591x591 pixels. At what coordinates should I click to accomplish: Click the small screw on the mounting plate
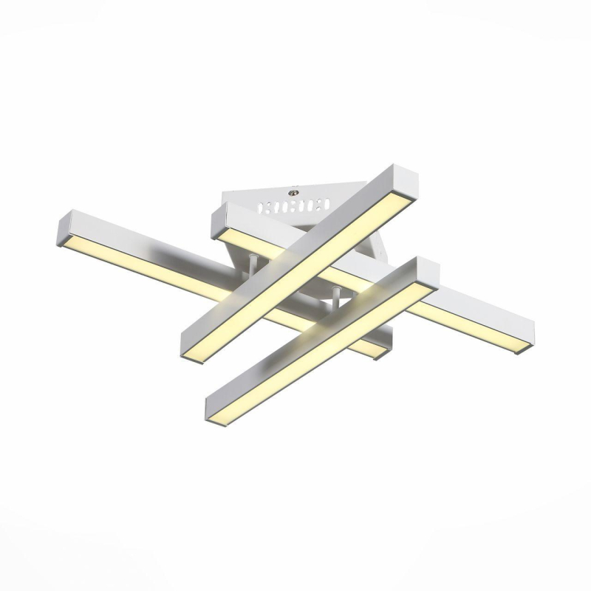[295, 188]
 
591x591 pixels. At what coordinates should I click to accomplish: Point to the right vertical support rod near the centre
[336, 298]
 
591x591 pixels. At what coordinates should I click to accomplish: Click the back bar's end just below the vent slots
[222, 222]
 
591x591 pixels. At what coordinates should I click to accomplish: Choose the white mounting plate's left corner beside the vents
[229, 197]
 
